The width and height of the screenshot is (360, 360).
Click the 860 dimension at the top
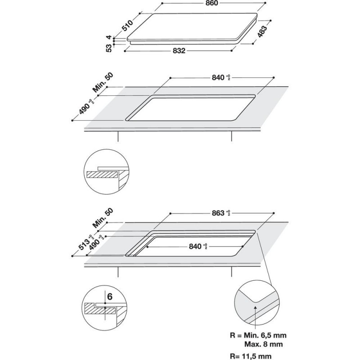coord(212,4)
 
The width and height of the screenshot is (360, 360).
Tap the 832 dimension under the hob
coord(179,51)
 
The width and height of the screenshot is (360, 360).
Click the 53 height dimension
coord(108,48)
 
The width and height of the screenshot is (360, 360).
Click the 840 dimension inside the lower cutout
coord(197,247)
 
